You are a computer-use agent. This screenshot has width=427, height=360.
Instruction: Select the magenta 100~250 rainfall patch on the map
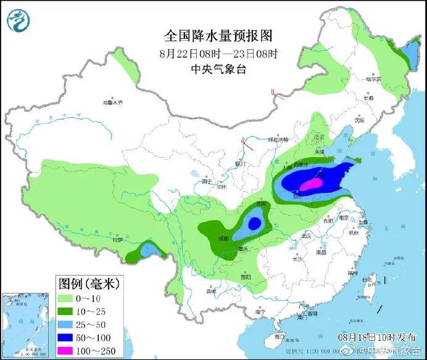[x=311, y=184]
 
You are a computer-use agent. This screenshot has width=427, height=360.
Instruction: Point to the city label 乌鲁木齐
[x=113, y=102]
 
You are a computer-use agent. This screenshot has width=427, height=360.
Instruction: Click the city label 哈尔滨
[x=373, y=79]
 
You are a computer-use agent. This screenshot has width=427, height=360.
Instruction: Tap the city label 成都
[x=223, y=238]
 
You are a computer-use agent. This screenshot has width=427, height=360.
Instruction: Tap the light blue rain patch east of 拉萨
[x=148, y=250]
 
